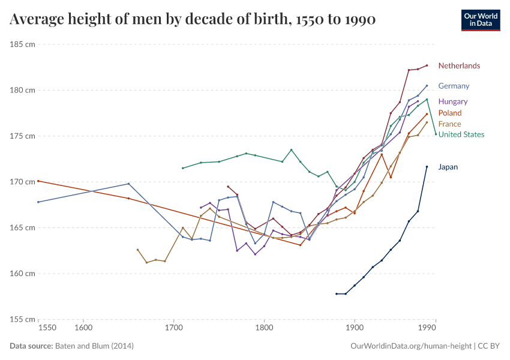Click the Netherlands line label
click(459, 66)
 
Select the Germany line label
click(454, 86)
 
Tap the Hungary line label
click(453, 101)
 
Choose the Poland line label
click(450, 113)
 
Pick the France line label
click(450, 124)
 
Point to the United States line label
click(461, 134)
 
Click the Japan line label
click(448, 167)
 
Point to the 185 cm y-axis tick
click(23, 44)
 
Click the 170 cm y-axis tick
click(23, 182)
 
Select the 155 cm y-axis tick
click(23, 319)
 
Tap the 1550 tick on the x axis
click(47, 328)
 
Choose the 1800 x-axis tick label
click(264, 328)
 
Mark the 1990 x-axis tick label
click(427, 328)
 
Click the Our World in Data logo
click(481, 20)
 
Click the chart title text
click(193, 20)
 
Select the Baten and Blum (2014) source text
click(94, 346)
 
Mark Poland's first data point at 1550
click(38, 181)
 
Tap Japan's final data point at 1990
click(427, 167)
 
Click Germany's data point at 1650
click(128, 184)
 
